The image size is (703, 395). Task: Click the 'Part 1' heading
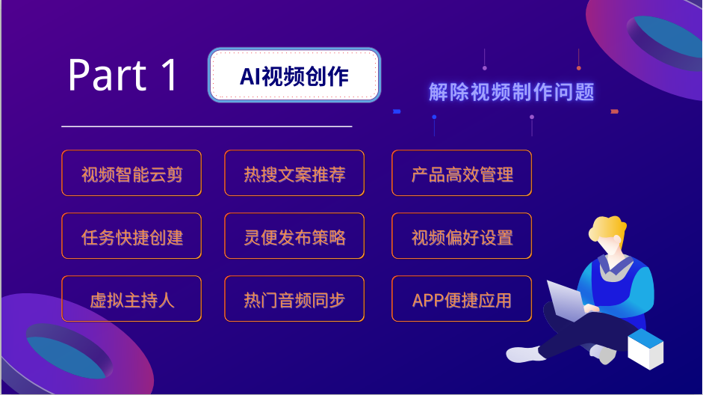(123, 75)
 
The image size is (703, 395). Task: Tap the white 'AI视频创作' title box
(294, 75)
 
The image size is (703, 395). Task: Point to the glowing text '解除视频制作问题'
(511, 91)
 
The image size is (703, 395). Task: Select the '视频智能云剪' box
(131, 173)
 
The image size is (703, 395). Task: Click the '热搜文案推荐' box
(294, 173)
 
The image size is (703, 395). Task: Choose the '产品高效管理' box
(462, 173)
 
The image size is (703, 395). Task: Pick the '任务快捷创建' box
(131, 236)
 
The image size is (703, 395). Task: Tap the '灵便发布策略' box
(294, 236)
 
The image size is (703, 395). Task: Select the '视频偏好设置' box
(462, 236)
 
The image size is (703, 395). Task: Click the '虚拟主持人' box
(131, 298)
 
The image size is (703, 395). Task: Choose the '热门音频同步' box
(294, 298)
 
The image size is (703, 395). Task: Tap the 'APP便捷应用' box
(462, 298)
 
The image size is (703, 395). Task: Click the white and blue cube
(645, 349)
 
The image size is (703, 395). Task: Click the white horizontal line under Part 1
(207, 126)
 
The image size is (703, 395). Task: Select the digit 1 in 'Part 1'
(170, 75)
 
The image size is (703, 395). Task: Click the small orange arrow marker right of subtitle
(615, 111)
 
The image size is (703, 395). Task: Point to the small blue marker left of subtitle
(397, 111)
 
